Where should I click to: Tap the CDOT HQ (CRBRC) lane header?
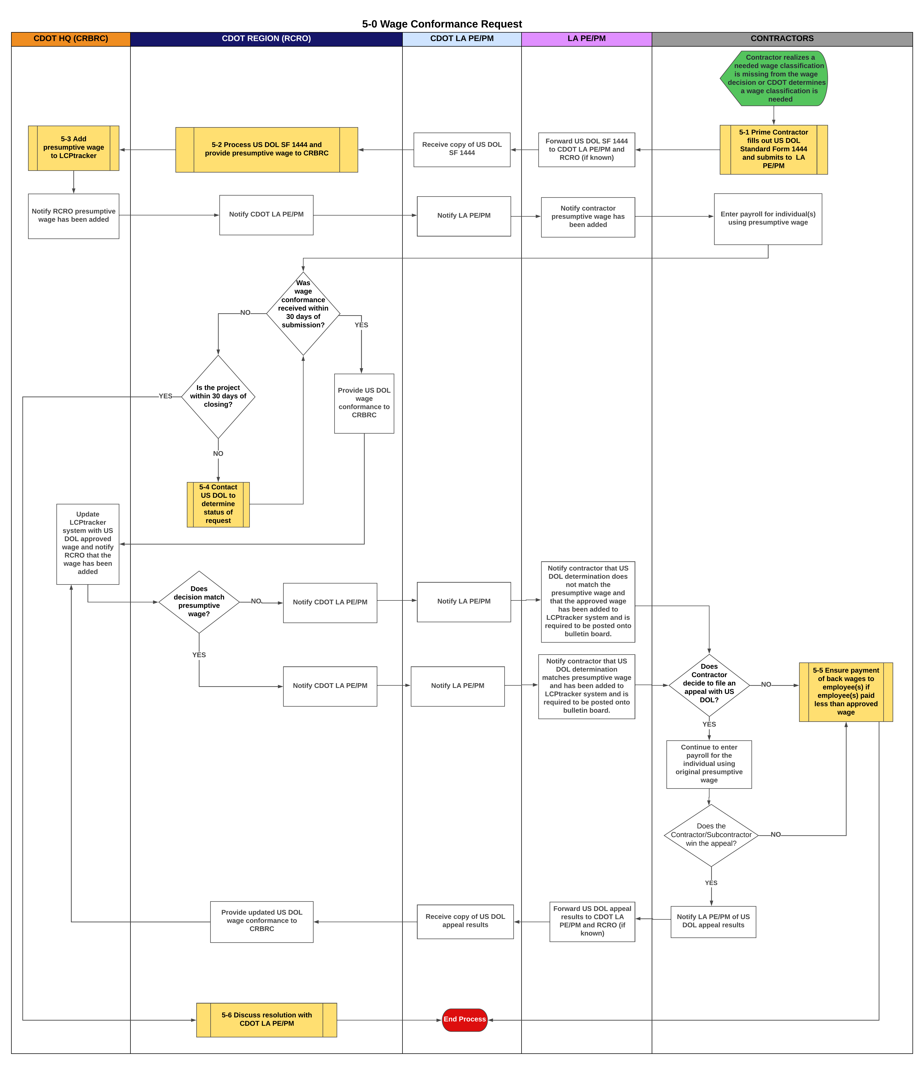tap(71, 39)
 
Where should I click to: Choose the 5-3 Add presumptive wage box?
tap(74, 148)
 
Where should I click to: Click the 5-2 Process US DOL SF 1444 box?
tap(267, 149)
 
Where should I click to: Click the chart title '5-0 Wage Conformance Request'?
tap(442, 24)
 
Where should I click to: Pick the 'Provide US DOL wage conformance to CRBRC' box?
tap(364, 403)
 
